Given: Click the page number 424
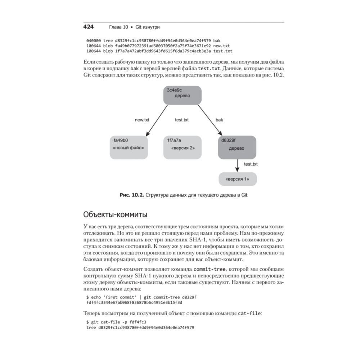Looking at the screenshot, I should click(x=89, y=27).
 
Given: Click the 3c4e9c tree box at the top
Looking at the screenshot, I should click(x=182, y=95).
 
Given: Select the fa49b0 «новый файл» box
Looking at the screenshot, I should click(x=129, y=147).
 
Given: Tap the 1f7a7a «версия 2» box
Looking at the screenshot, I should click(x=183, y=147).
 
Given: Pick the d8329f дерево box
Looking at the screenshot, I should click(x=237, y=147).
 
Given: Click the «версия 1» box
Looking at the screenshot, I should click(x=238, y=179).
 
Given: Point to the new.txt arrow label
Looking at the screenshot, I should click(x=142, y=120).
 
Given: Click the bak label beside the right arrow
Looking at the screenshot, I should click(x=219, y=120).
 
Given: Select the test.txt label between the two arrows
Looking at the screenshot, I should click(x=182, y=120).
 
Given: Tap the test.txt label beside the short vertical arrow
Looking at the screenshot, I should click(x=251, y=164).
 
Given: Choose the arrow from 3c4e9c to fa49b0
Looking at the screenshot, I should click(x=157, y=121).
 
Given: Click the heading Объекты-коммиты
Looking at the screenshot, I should click(x=115, y=215).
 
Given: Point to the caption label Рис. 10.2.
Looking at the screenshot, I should click(x=131, y=195).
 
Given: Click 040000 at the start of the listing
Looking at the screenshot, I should click(x=93, y=41).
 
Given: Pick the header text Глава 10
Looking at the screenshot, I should click(x=118, y=27).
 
